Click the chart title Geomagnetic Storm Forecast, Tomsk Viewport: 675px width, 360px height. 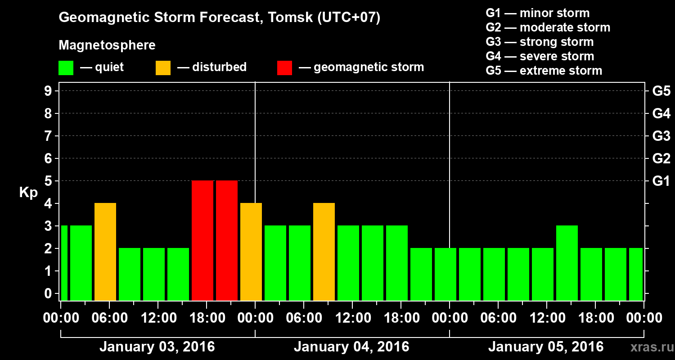click(220, 18)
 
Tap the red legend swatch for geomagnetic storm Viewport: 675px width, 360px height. click(284, 68)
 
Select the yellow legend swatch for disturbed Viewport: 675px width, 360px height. click(163, 68)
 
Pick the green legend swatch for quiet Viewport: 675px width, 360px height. click(66, 68)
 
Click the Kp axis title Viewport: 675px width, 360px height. click(28, 192)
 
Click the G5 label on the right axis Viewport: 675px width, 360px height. click(661, 91)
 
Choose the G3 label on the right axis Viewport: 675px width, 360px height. click(661, 136)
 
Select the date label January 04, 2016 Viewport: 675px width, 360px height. click(351, 347)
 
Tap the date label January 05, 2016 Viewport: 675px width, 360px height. click(546, 347)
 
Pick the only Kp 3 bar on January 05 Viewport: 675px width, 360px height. click(567, 263)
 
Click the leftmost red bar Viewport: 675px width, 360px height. click(202, 240)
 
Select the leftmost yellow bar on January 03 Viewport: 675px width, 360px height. click(105, 252)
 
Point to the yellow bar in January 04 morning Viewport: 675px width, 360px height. click(324, 252)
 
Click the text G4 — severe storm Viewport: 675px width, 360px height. click(540, 56)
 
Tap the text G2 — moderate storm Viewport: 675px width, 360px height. click(548, 27)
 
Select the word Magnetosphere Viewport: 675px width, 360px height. click(107, 45)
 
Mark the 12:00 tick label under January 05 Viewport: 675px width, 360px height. click(546, 318)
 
